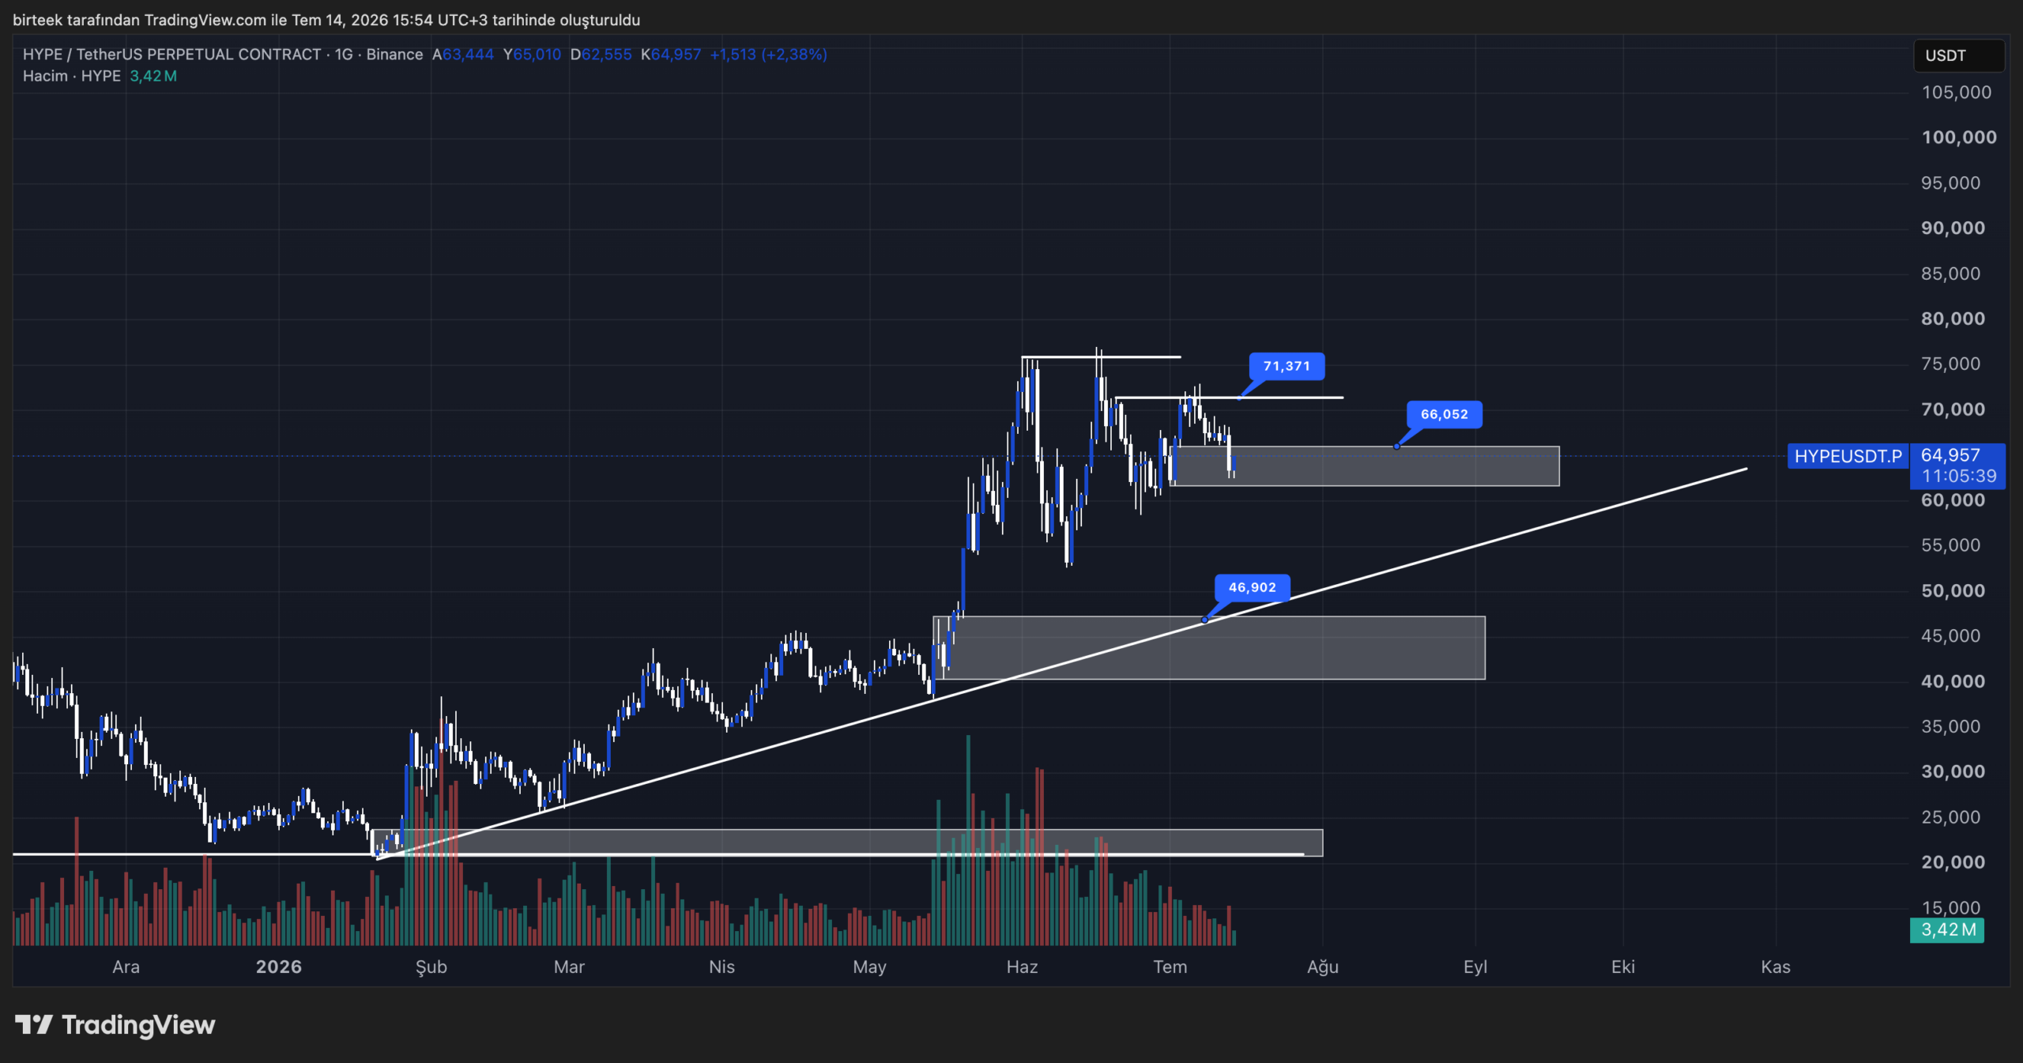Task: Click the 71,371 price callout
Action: [x=1287, y=366]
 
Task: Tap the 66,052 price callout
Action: [x=1445, y=414]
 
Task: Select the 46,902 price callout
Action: [x=1253, y=587]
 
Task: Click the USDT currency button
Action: [x=1959, y=55]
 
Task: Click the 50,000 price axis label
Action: [x=1953, y=590]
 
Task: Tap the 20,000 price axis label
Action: [x=1953, y=862]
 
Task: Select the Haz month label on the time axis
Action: [x=1022, y=967]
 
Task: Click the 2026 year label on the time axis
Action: [x=279, y=967]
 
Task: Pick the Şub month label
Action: [x=431, y=967]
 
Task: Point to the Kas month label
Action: [x=1776, y=967]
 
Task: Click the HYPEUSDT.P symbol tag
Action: [x=1848, y=456]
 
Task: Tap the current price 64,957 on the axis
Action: [x=1950, y=455]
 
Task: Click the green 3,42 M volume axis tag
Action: [x=1948, y=929]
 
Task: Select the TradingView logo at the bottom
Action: [x=115, y=1025]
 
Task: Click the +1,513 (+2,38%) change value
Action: [x=768, y=55]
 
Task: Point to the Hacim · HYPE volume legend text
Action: [x=72, y=76]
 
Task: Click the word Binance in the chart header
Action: [x=394, y=55]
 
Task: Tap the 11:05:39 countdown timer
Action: [x=1959, y=476]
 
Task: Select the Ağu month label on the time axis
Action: [x=1323, y=967]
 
